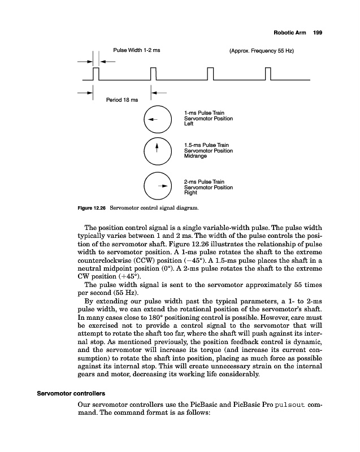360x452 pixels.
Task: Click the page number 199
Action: (x=317, y=33)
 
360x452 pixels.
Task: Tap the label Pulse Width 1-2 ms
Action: (x=137, y=51)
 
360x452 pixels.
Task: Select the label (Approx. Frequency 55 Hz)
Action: (x=262, y=51)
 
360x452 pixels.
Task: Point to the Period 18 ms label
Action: (x=122, y=101)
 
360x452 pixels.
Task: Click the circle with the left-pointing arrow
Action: (x=157, y=119)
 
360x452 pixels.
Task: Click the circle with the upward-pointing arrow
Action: (x=157, y=151)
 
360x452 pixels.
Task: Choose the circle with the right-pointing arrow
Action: (x=157, y=185)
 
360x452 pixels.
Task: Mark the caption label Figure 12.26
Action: (x=91, y=210)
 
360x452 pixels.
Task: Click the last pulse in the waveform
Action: (x=268, y=75)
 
